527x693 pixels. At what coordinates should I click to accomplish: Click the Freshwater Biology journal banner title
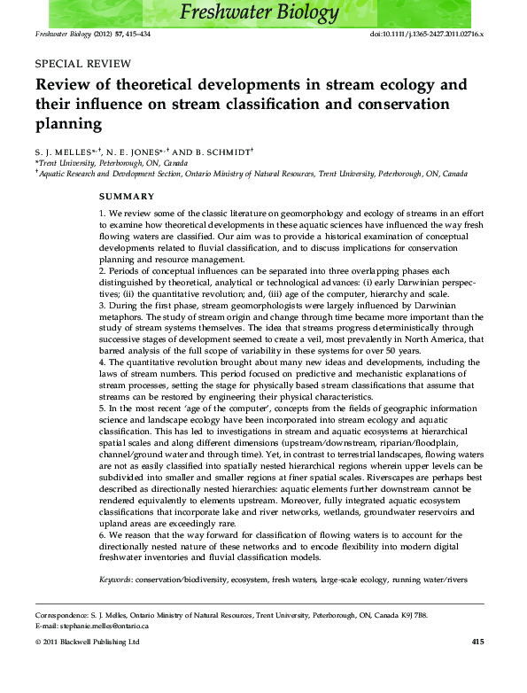[x=259, y=13]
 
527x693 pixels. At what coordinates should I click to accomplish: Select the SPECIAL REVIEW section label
[x=82, y=64]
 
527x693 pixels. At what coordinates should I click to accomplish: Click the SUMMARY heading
[x=127, y=196]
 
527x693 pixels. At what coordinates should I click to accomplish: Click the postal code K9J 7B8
[x=411, y=614]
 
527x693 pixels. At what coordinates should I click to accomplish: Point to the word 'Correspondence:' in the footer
[x=63, y=614]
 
